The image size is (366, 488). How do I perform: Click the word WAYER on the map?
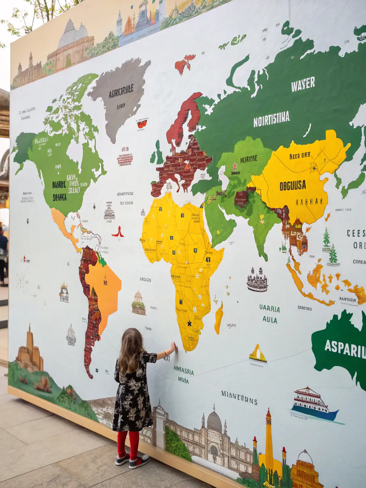(x=303, y=84)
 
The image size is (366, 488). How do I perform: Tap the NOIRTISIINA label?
(x=271, y=119)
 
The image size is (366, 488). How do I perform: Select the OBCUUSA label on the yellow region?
(x=292, y=185)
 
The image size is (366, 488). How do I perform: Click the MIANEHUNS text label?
(x=239, y=398)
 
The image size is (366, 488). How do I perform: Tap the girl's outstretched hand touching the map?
(x=173, y=346)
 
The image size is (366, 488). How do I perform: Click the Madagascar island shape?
(x=218, y=318)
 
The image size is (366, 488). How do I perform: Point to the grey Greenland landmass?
(x=120, y=97)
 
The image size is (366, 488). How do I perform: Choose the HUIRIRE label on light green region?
(x=249, y=159)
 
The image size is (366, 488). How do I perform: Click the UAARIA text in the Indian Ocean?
(x=269, y=309)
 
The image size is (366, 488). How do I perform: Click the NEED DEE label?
(x=300, y=156)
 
